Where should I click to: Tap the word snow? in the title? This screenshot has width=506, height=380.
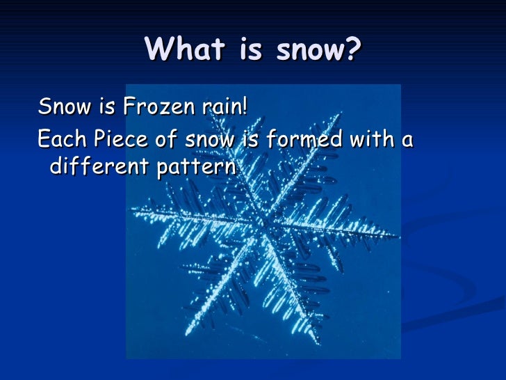click(316, 49)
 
